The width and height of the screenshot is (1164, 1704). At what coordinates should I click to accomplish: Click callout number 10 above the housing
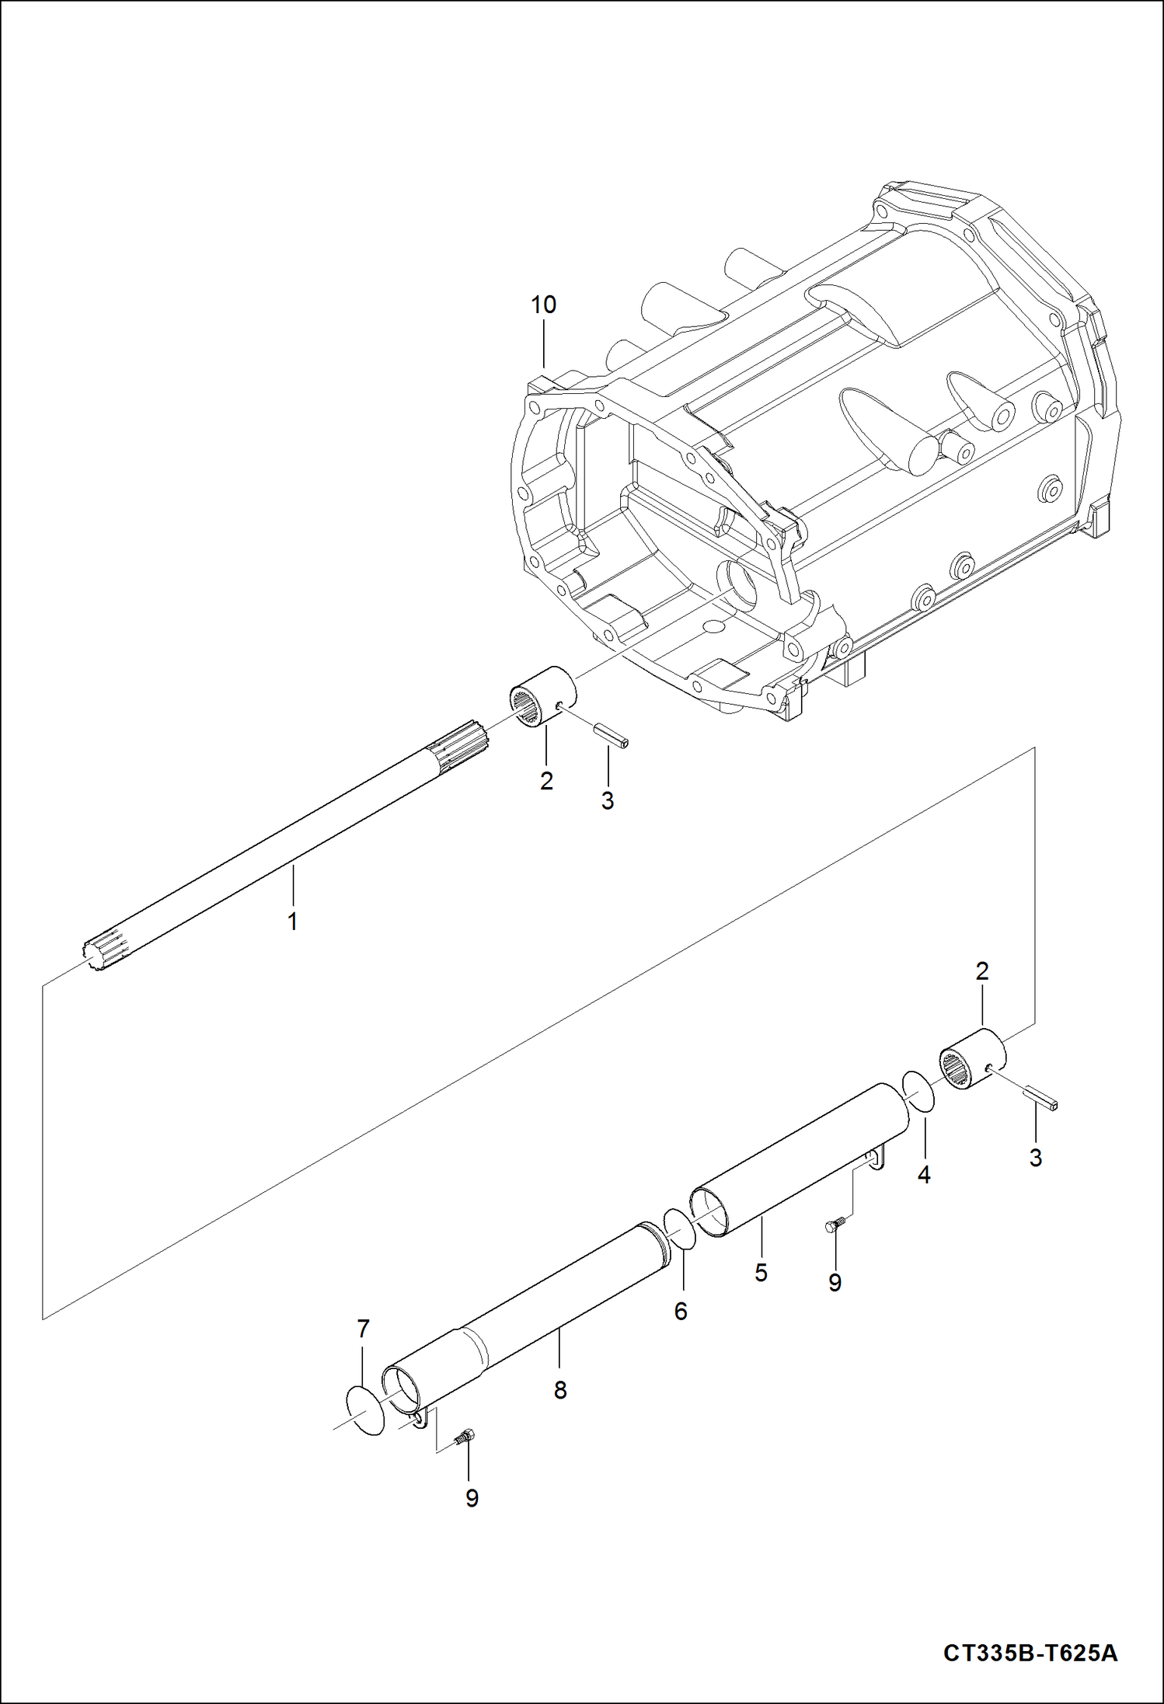coord(543,305)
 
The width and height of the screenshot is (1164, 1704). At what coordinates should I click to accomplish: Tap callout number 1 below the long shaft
coord(293,922)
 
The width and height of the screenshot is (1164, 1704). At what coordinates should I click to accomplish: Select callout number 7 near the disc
coord(363,1329)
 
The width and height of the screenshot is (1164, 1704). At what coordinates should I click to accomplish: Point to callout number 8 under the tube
coord(560,1390)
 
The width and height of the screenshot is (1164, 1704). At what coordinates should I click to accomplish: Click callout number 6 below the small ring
coord(681,1312)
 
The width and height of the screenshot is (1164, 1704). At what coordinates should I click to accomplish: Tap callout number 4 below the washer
coord(923,1176)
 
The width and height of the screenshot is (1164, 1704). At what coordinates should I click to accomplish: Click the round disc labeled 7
coord(365,1410)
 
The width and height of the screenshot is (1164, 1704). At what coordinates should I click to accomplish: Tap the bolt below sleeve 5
coord(832,1225)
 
